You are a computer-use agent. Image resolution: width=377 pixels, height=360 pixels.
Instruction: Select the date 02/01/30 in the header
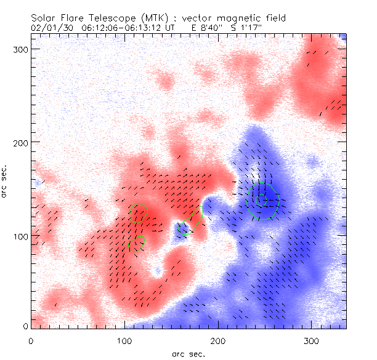pos(51,28)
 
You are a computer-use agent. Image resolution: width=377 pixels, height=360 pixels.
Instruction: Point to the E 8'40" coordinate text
pos(207,28)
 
